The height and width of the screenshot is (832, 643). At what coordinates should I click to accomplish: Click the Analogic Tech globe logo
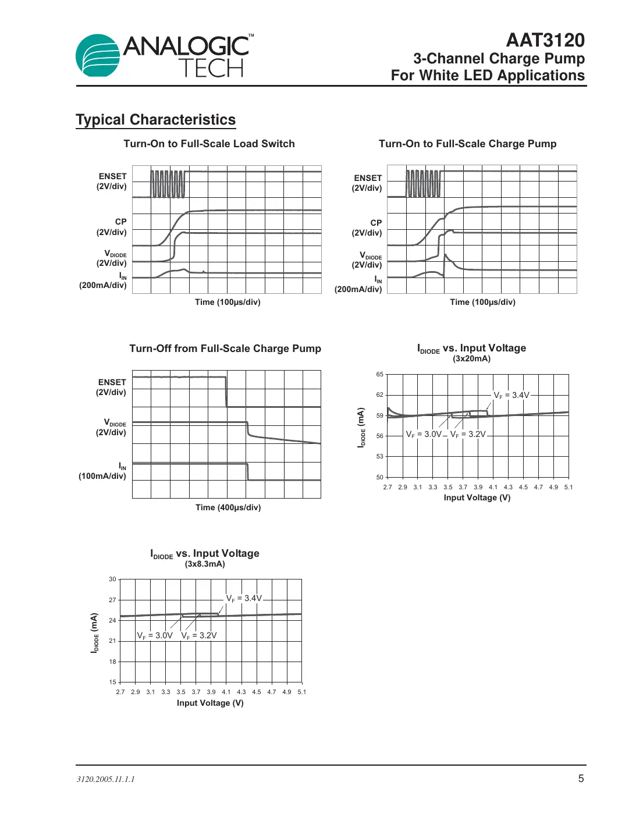pyautogui.click(x=98, y=56)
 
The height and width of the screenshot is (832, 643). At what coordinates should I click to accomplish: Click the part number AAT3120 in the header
pyautogui.click(x=545, y=40)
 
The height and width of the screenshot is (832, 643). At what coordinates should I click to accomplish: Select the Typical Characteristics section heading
pyautogui.click(x=155, y=120)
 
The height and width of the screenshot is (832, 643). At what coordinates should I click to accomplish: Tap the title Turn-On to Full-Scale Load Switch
pyautogui.click(x=209, y=144)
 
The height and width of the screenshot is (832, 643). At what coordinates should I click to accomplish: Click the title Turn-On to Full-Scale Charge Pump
pyautogui.click(x=467, y=144)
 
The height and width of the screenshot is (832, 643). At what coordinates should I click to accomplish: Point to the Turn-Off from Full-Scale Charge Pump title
pyautogui.click(x=225, y=349)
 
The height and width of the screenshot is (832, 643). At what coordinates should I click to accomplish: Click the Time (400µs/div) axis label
pyautogui.click(x=228, y=507)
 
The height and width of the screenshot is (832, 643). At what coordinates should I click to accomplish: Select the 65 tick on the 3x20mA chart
pyautogui.click(x=379, y=375)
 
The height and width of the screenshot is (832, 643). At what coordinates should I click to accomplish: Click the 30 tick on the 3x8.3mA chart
pyautogui.click(x=112, y=579)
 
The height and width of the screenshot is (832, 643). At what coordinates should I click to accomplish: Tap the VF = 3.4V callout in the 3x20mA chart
pyautogui.click(x=511, y=395)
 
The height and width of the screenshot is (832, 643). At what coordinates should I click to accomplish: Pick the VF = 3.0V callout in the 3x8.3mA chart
pyautogui.click(x=155, y=635)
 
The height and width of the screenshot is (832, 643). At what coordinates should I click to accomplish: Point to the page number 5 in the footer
pyautogui.click(x=580, y=778)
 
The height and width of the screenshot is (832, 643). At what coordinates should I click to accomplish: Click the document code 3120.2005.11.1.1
pyautogui.click(x=105, y=779)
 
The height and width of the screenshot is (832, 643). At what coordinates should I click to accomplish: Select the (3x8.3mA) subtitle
pyautogui.click(x=205, y=564)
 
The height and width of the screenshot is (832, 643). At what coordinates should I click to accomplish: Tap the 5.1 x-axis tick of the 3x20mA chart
pyautogui.click(x=568, y=487)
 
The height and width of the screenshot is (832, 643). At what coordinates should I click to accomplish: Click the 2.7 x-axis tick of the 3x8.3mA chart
pyautogui.click(x=120, y=692)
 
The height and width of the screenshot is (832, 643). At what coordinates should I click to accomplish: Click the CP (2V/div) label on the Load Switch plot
pyautogui.click(x=112, y=227)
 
